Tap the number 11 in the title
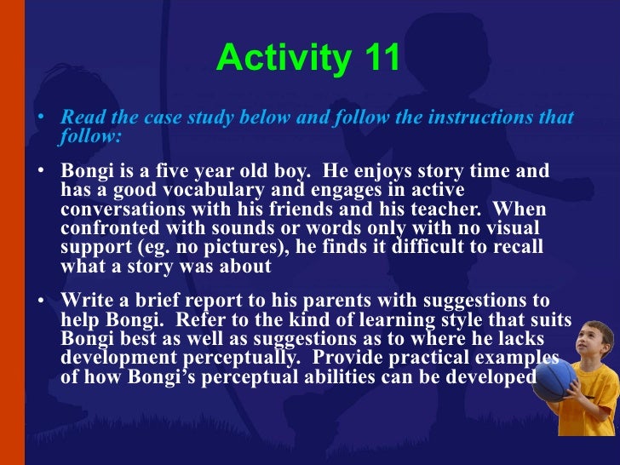[x=379, y=59]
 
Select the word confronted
[x=108, y=228]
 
